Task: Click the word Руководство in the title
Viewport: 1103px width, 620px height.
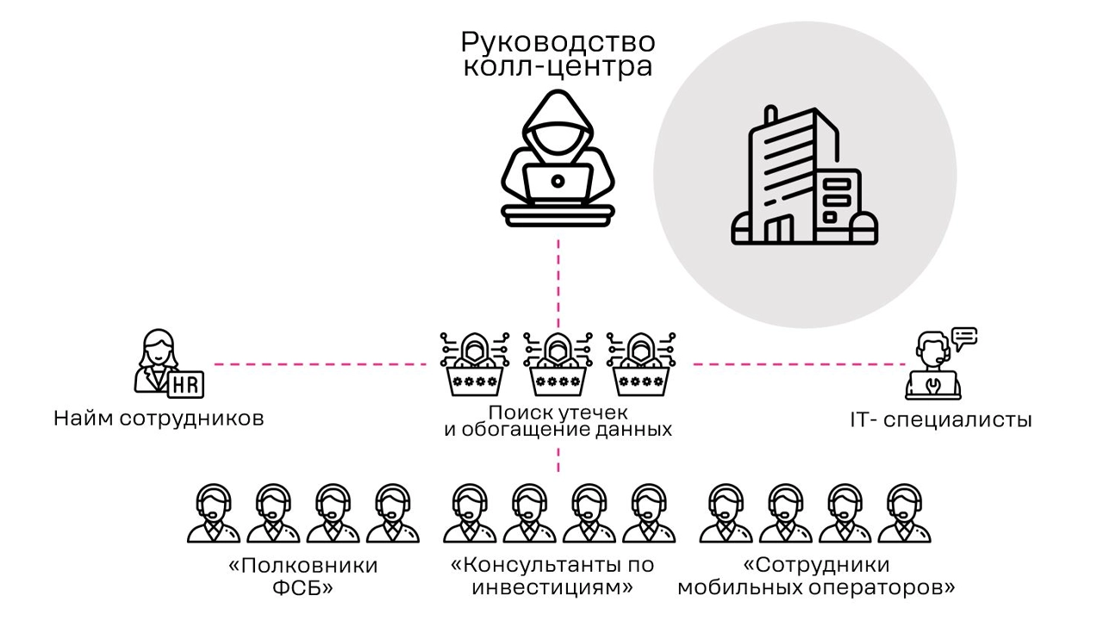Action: point(558,43)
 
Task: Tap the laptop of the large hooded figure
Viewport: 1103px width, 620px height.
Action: point(558,183)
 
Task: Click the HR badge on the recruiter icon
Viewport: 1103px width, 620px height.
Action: point(185,384)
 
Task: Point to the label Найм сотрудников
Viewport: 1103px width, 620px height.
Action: point(159,418)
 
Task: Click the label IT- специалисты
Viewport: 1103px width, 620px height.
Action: point(940,420)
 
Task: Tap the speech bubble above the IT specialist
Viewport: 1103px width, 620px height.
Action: point(964,338)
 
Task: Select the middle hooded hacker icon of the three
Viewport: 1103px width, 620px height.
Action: point(558,364)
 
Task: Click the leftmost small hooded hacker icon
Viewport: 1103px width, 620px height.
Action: point(475,364)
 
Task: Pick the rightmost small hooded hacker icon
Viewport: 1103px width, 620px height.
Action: point(641,364)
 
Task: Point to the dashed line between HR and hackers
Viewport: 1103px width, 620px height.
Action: point(320,364)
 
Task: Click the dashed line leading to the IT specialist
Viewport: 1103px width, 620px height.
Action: point(799,364)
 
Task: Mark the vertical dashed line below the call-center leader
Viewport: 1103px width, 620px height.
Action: point(558,284)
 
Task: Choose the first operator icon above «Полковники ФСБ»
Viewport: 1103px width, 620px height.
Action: point(214,513)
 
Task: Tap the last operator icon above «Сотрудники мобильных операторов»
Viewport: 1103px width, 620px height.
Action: point(904,513)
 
